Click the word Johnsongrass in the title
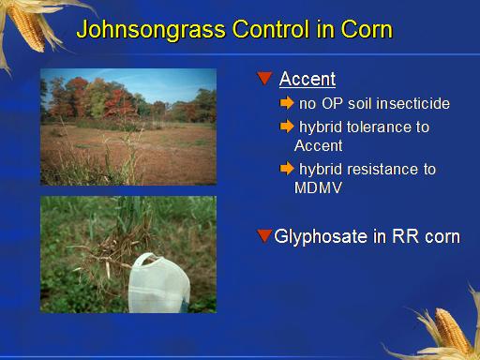pyautogui.click(x=151, y=30)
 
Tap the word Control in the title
pyautogui.click(x=271, y=29)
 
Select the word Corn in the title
pyautogui.click(x=367, y=29)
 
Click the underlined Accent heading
pyautogui.click(x=307, y=79)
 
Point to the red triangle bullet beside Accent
pyautogui.click(x=264, y=78)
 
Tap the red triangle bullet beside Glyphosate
pyautogui.click(x=264, y=235)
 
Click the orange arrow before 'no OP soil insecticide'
pyautogui.click(x=287, y=103)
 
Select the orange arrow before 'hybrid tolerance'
pyautogui.click(x=287, y=127)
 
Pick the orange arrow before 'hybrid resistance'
pyautogui.click(x=287, y=169)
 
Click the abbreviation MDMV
pyautogui.click(x=318, y=187)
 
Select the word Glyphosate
pyautogui.click(x=321, y=236)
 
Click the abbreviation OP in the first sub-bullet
pyautogui.click(x=332, y=103)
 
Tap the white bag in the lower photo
pyautogui.click(x=158, y=283)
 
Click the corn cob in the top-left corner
pyautogui.click(x=26, y=27)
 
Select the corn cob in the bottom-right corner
pyautogui.click(x=452, y=332)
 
